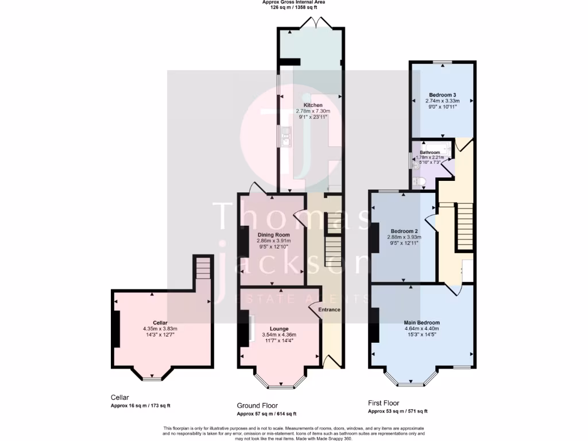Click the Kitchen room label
313,105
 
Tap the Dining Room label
273,235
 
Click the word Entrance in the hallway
330,310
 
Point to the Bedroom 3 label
443,95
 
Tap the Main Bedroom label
422,323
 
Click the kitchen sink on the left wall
285,136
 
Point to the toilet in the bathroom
420,182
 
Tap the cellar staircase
203,268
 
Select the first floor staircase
465,226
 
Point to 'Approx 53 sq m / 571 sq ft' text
397,411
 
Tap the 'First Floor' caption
384,403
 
